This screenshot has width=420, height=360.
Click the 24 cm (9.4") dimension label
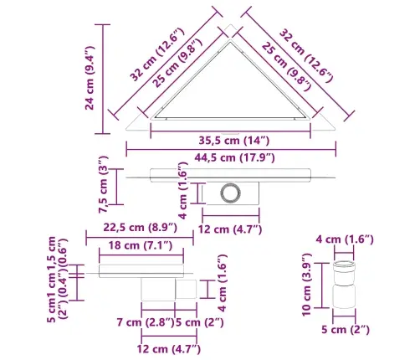pyautogui.click(x=90, y=78)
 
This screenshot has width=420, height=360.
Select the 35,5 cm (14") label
pyautogui.click(x=234, y=141)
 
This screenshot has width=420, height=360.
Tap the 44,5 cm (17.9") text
pyautogui.click(x=234, y=157)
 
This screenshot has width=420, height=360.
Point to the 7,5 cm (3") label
pyautogui.click(x=103, y=185)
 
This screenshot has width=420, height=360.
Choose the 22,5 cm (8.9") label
pyautogui.click(x=140, y=228)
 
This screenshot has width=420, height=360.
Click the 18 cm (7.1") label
pyautogui.click(x=141, y=245)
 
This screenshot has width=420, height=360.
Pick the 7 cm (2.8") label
pyautogui.click(x=145, y=322)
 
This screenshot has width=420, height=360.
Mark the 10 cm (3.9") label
pyautogui.click(x=306, y=285)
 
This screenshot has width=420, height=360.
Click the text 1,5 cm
pyautogui.click(x=52, y=254)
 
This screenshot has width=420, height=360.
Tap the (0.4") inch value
pyautogui.click(x=63, y=284)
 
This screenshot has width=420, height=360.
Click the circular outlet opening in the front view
pyautogui.click(x=230, y=193)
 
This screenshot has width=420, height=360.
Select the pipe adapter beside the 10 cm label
pyautogui.click(x=344, y=285)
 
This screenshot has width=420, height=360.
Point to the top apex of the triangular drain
pyautogui.click(x=230, y=25)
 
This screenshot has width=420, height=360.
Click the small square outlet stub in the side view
pyautogui.click(x=186, y=290)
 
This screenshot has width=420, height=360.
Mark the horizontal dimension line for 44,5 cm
pyautogui.click(x=231, y=149)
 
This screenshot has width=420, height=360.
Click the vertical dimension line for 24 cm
pyautogui.click(x=103, y=79)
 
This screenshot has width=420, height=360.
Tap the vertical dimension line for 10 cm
pyautogui.click(x=322, y=285)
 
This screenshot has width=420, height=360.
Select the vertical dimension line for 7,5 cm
pyautogui.click(x=116, y=187)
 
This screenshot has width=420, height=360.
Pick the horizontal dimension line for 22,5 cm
pyautogui.click(x=140, y=238)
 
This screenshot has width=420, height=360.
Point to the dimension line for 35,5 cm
pyautogui.click(x=231, y=131)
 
